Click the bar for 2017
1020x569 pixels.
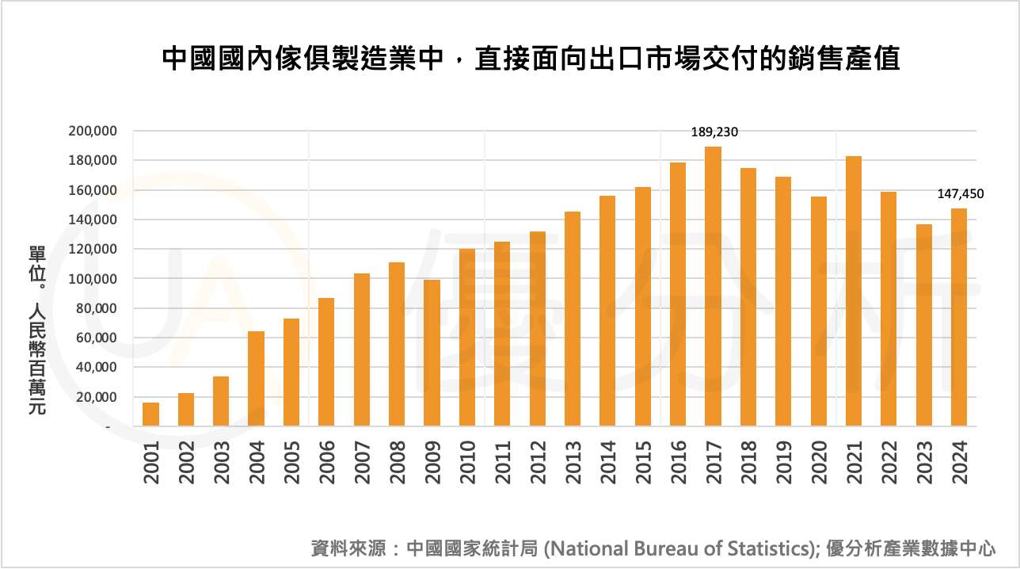[713, 287]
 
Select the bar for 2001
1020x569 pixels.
[150, 414]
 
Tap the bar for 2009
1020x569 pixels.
[432, 353]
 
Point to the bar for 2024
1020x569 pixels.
[958, 317]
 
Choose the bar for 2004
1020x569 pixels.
[256, 379]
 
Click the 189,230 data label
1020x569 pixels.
[713, 132]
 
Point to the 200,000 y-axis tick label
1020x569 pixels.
[93, 131]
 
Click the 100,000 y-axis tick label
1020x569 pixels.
[93, 279]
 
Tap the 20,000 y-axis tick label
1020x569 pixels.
[97, 397]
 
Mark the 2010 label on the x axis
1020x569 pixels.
[467, 461]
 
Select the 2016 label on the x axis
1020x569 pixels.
[678, 461]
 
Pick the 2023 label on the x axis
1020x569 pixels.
[923, 461]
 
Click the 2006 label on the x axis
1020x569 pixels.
[326, 461]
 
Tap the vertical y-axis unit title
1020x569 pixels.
[36, 330]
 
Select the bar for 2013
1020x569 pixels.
[573, 319]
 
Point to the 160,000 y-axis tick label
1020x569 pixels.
[93, 190]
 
